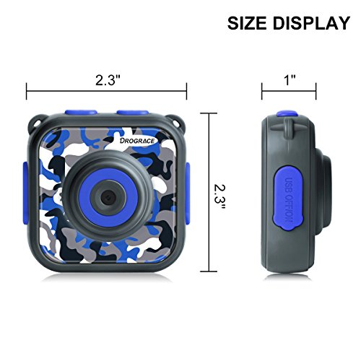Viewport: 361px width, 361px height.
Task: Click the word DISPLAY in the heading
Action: tap(311, 23)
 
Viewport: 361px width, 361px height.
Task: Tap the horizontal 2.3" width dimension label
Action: tap(108, 80)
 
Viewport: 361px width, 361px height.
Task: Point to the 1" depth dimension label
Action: tap(290, 79)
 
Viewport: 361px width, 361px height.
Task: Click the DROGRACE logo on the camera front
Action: tap(137, 141)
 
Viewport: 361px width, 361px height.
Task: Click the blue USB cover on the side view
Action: tap(287, 201)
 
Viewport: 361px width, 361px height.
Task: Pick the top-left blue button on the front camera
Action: tap(81, 113)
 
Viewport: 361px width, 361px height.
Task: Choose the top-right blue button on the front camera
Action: tap(132, 113)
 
